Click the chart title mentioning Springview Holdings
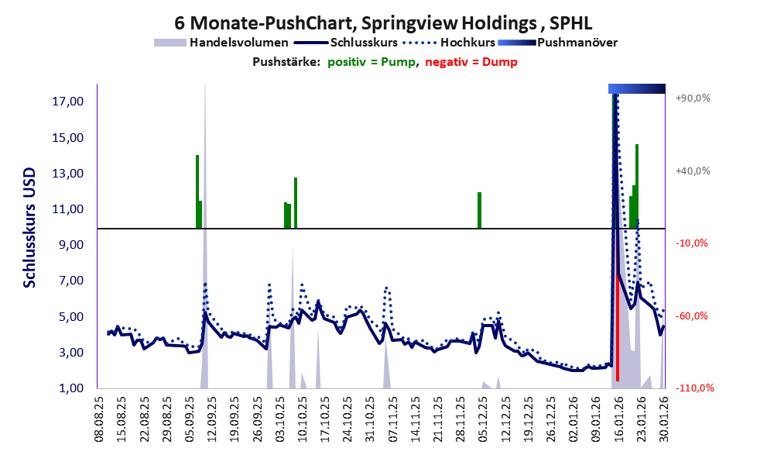pos(383,21)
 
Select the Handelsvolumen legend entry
pos(238,42)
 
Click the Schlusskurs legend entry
pos(364,42)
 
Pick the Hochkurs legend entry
pos(461,42)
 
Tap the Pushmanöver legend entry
pos(577,42)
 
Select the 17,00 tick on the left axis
pos(69,102)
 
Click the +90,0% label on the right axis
pos(692,98)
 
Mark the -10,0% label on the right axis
pos(692,243)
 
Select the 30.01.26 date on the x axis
pos(663,419)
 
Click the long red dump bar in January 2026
pos(617,326)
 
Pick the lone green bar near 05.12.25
pos(479,210)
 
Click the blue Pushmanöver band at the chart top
pos(636,88)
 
